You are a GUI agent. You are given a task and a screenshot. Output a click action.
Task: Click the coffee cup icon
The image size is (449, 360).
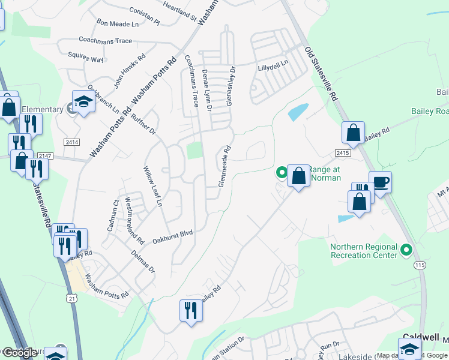(x=381, y=181)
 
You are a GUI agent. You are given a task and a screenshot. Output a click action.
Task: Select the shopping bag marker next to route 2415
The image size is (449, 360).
(x=354, y=133)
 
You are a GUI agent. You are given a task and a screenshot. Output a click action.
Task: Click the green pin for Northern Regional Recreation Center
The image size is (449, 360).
(x=406, y=249)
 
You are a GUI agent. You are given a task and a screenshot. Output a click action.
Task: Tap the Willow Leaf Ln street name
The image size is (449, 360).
(x=152, y=187)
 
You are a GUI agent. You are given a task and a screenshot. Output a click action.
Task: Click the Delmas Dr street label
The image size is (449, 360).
(x=143, y=262)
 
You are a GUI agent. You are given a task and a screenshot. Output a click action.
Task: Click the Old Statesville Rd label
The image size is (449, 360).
(x=322, y=74)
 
